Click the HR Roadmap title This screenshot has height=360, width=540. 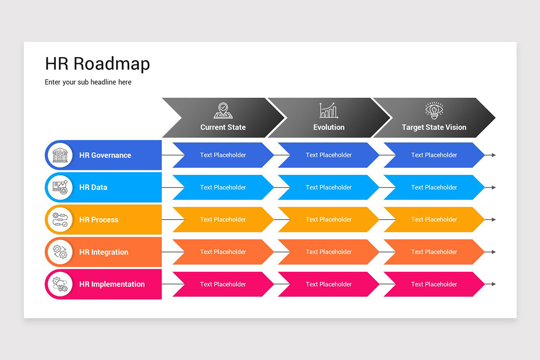point(97,64)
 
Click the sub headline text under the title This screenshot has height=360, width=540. point(88,82)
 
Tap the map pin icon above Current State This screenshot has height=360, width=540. point(223,110)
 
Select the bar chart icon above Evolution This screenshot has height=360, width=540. point(328,110)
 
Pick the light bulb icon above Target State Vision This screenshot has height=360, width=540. point(434,110)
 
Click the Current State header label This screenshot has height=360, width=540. point(223,127)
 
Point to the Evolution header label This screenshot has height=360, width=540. point(328,127)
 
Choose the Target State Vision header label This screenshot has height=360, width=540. point(434,127)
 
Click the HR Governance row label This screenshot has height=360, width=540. point(105,155)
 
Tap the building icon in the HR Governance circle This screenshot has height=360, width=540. point(60,155)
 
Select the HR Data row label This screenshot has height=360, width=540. point(93,187)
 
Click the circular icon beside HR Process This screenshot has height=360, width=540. point(60,220)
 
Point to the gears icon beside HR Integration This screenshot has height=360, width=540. point(60,252)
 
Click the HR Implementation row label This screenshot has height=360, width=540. point(112,284)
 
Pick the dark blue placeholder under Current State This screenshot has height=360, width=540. point(223,155)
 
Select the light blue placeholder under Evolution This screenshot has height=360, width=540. point(328,187)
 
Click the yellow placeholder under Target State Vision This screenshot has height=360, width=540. point(434,220)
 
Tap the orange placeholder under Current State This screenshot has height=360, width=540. point(223,252)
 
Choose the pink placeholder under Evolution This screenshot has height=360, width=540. point(328,284)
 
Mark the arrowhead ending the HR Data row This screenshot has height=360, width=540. point(494,187)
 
